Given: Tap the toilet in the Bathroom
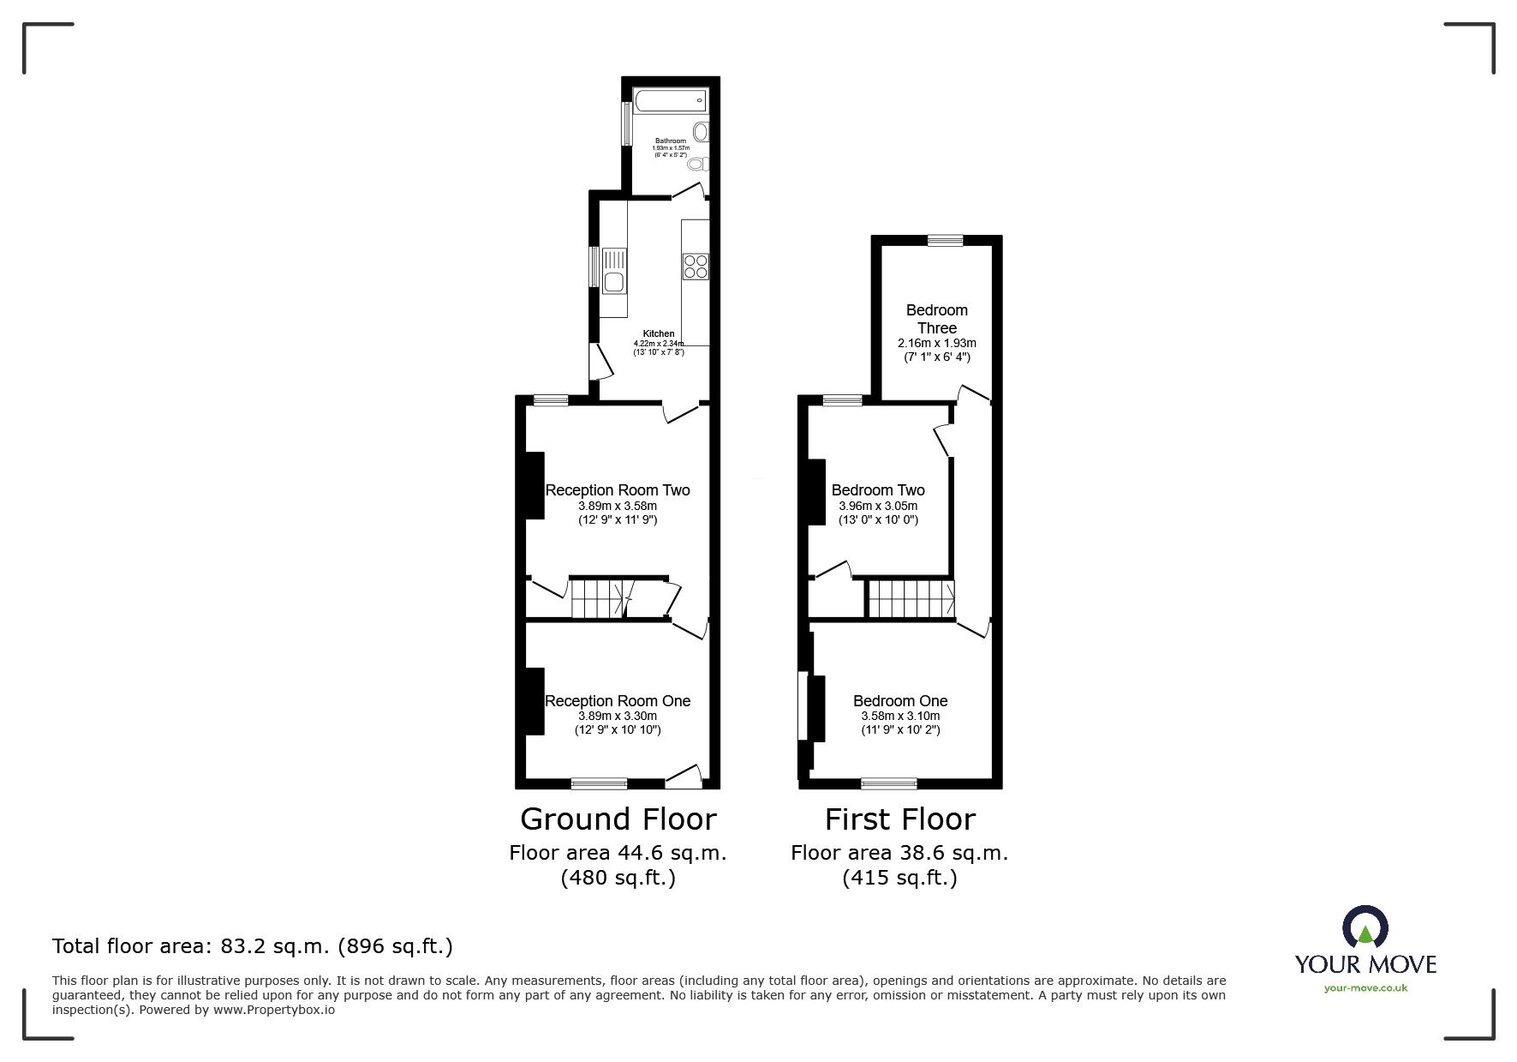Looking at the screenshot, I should [x=696, y=163].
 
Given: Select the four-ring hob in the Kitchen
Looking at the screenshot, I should [x=695, y=266].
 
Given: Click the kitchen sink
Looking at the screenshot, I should [x=613, y=270].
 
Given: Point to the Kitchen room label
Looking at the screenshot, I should [x=659, y=333].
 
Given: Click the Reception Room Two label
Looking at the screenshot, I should [x=618, y=490].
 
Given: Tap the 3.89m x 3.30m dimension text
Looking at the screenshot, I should [x=618, y=717].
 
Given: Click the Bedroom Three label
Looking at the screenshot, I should [x=936, y=319].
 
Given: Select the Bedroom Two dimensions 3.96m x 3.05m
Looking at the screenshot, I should [x=877, y=506].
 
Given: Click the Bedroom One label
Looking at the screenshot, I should [x=900, y=701].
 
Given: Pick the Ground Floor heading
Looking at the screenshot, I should [x=618, y=819].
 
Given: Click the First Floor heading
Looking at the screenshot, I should [x=899, y=819].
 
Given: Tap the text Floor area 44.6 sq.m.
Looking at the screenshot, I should [x=618, y=853].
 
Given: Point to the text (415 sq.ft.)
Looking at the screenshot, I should [x=899, y=878].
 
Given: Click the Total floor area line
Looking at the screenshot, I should [x=253, y=946].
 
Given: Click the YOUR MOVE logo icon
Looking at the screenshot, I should [x=1365, y=928].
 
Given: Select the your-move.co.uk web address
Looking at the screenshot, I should [x=1365, y=988].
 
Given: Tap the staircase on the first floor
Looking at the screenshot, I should [x=911, y=598].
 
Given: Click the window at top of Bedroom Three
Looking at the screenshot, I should [x=944, y=241].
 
